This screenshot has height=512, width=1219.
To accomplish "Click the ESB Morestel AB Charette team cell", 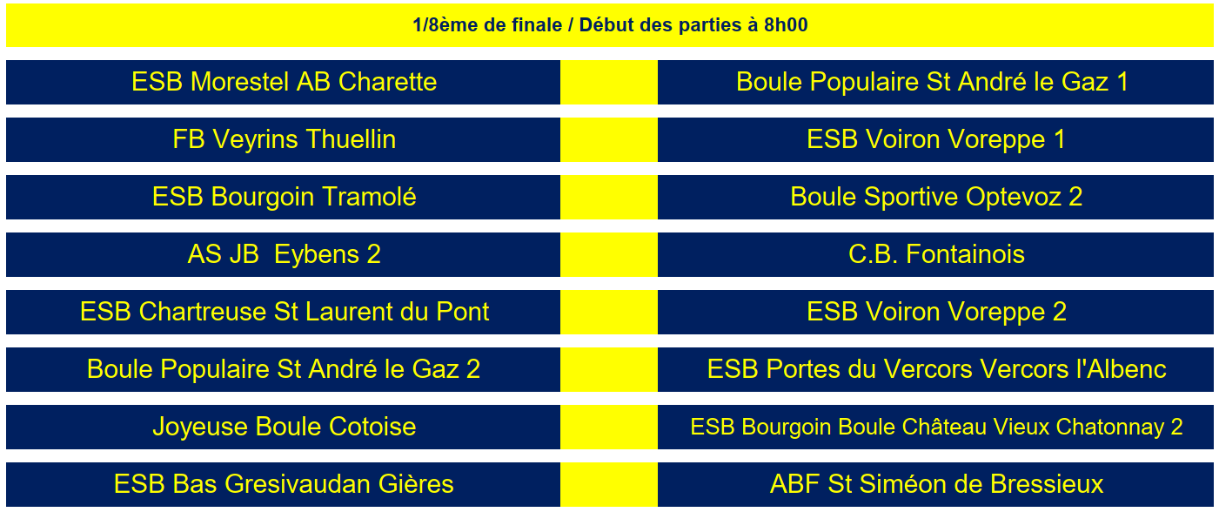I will click(x=284, y=82).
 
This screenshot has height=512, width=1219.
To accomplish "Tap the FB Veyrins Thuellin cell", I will click(x=284, y=139).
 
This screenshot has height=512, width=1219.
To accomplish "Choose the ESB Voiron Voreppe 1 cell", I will click(x=935, y=139).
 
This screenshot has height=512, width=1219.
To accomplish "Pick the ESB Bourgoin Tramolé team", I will click(x=284, y=197).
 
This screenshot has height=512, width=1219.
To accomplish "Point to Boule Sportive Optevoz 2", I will click(x=935, y=197).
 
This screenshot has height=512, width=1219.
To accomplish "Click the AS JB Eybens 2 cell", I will click(x=284, y=254).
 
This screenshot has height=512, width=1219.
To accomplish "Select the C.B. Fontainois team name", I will click(x=935, y=254).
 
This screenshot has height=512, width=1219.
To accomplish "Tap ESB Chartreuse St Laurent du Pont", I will click(x=284, y=312).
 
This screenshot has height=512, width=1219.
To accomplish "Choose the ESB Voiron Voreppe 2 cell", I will click(x=935, y=312).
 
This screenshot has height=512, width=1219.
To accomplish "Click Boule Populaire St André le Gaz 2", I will click(x=284, y=369).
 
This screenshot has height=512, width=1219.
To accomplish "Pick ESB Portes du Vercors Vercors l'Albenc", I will click(x=935, y=369).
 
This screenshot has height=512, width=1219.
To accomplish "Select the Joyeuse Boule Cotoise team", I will click(x=284, y=427).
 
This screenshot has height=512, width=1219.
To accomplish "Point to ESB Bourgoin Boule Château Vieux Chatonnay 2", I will click(x=935, y=427).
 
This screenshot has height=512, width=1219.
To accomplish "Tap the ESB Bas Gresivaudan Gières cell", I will click(x=284, y=484).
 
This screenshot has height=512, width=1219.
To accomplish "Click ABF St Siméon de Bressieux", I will click(x=935, y=484).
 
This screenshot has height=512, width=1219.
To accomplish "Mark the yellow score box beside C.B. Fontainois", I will click(x=608, y=254).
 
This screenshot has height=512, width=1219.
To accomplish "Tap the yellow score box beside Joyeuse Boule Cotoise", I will click(x=608, y=427).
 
